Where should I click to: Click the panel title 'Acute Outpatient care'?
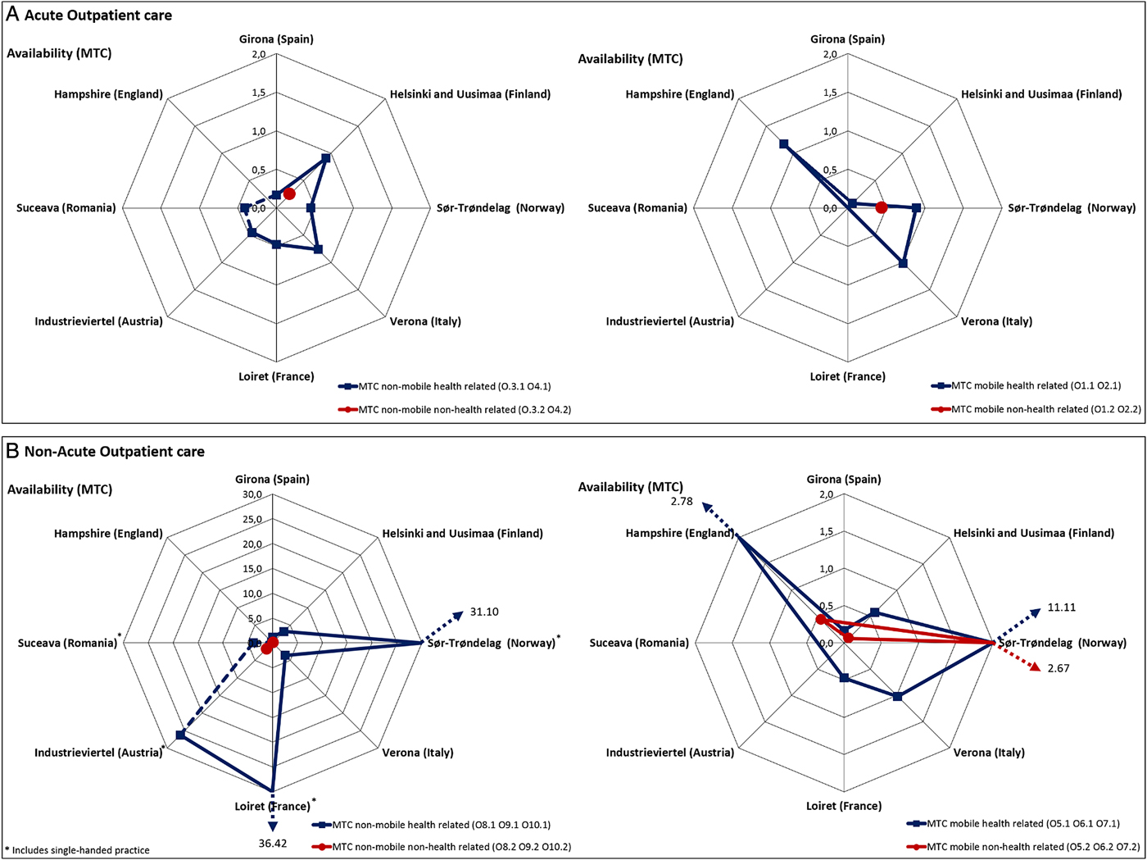pos(98,15)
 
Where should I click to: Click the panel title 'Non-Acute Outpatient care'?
pos(114,451)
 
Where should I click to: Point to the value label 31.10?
pos(484,612)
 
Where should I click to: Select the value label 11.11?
pos(1062,607)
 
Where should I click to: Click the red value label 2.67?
pos(1058,668)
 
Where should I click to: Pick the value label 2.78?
pos(682,501)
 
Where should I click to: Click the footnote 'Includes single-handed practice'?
pos(80,850)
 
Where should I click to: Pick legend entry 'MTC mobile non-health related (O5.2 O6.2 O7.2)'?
pos(1033,847)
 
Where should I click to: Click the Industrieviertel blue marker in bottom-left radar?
pos(180,735)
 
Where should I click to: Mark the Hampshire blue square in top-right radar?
pos(784,144)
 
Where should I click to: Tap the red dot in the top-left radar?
pos(288,193)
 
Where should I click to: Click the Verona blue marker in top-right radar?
pos(903,263)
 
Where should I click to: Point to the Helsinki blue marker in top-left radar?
pos(326,157)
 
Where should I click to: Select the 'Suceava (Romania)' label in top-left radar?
pos(66,208)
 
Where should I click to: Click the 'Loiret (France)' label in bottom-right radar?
pos(844,806)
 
